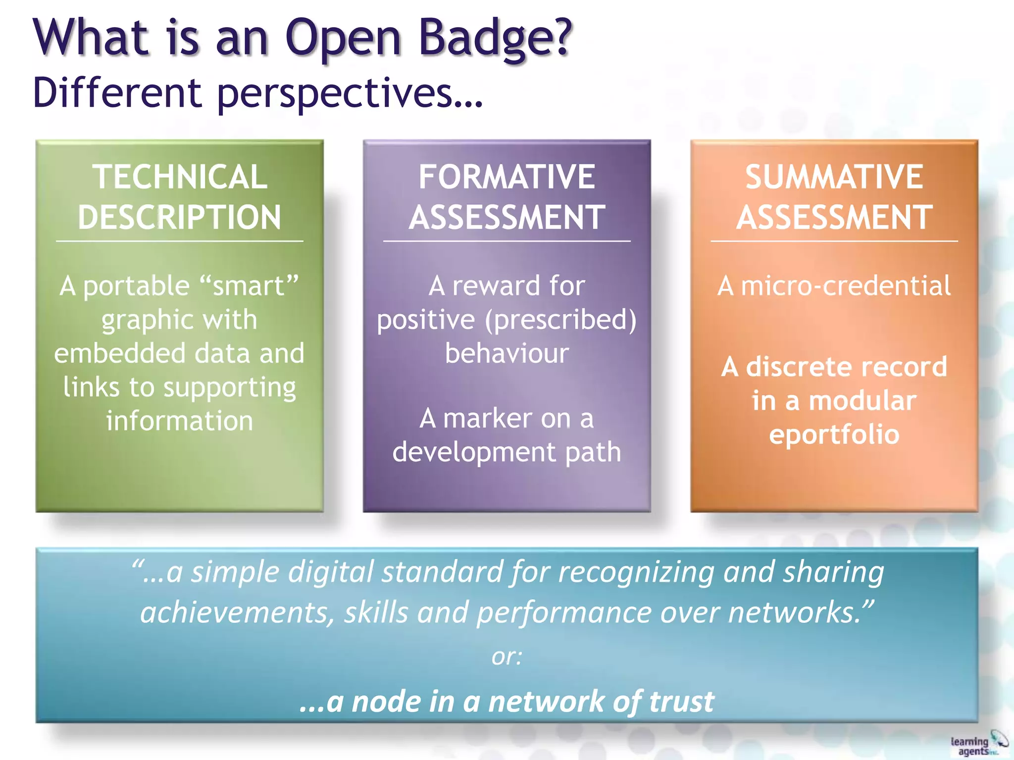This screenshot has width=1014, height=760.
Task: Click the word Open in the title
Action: click(x=343, y=39)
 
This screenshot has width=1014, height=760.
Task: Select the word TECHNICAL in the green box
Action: click(x=180, y=177)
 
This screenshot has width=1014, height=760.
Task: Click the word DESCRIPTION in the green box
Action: click(x=180, y=217)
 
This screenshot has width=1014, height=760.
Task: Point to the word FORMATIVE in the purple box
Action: click(x=507, y=177)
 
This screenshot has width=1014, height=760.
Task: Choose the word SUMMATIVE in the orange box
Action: click(x=834, y=177)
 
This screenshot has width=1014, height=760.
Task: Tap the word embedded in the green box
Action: click(x=119, y=353)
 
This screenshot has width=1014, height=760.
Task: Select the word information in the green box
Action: click(x=180, y=421)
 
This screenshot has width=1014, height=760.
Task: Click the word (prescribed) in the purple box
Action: click(x=560, y=320)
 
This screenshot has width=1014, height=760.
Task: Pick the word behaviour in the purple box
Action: click(x=507, y=353)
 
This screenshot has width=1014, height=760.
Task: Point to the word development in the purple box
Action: click(x=474, y=452)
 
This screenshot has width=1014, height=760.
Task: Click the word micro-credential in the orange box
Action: click(x=846, y=286)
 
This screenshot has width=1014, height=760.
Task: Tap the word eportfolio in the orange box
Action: click(x=834, y=434)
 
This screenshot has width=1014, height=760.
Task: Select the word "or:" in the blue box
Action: click(x=507, y=657)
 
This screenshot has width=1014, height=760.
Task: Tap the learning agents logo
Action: click(x=978, y=745)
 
